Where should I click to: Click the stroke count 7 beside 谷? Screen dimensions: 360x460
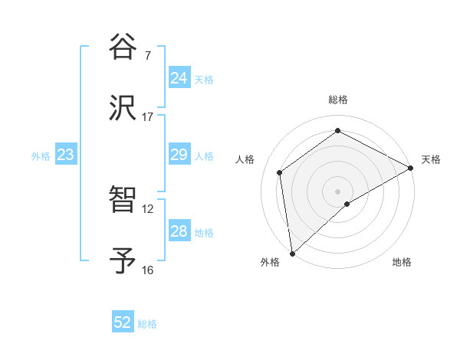click(147, 55)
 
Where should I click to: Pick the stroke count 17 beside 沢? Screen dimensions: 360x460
click(147, 117)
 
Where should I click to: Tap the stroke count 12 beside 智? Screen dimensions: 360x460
click(147, 208)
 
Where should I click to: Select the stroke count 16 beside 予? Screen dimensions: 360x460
click(147, 270)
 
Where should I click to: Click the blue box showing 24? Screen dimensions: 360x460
click(179, 78)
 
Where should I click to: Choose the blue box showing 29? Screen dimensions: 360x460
click(179, 155)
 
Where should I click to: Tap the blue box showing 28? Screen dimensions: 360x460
click(179, 231)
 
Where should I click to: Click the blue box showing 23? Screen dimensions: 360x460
click(65, 155)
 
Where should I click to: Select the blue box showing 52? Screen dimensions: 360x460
click(122, 322)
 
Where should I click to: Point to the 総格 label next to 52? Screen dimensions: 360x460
click(147, 324)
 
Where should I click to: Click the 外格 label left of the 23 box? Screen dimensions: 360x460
click(41, 156)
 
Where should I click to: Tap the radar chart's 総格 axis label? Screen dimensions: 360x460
click(337, 100)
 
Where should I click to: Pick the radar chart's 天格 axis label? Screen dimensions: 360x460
click(431, 159)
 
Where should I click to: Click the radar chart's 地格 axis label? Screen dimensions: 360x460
click(402, 262)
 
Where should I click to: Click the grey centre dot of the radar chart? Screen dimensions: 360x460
click(337, 190)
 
